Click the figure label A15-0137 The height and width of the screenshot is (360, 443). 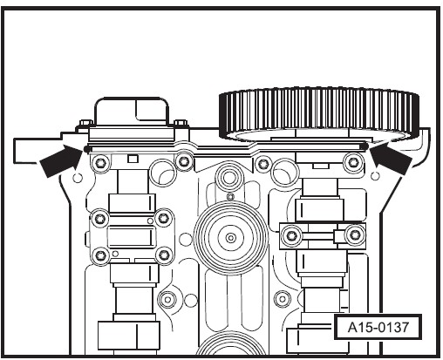[x=378, y=327]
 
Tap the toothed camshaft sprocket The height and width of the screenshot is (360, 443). [x=319, y=114]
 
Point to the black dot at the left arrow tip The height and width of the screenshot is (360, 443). [x=86, y=149]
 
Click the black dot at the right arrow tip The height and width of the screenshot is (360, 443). [x=366, y=146]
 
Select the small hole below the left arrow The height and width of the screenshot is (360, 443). [x=78, y=177]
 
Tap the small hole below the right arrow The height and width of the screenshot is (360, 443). [x=376, y=175]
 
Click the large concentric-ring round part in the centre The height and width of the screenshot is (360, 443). [x=231, y=238]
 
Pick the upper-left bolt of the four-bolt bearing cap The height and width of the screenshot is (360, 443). [x=100, y=218]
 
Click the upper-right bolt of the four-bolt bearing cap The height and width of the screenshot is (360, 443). [x=164, y=218]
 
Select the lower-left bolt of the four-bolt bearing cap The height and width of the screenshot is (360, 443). [x=100, y=255]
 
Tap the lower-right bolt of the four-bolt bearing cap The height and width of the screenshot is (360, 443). [x=165, y=255]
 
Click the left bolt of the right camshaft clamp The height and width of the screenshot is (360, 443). [x=291, y=235]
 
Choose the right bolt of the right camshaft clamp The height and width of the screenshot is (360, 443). [x=354, y=234]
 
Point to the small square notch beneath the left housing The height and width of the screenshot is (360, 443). [x=133, y=159]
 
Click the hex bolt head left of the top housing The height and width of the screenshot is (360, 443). [x=85, y=124]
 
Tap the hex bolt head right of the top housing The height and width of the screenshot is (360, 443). [x=181, y=124]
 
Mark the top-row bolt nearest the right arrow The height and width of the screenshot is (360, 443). [x=353, y=161]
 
